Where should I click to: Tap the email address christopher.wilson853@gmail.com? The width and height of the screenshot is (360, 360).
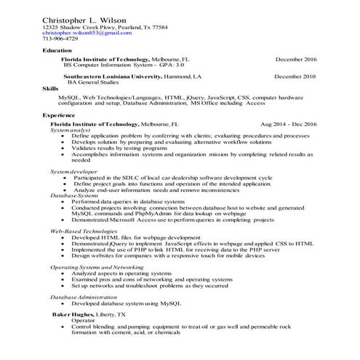[87, 33]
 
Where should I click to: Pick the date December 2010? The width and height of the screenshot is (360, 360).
[295, 76]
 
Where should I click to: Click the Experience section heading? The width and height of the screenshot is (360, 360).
[59, 116]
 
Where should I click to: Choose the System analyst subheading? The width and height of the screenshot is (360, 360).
[71, 130]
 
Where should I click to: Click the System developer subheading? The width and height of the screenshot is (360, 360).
[75, 171]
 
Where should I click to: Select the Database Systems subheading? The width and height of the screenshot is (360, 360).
[75, 196]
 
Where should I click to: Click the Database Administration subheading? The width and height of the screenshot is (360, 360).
[86, 297]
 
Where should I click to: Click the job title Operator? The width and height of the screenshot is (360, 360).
[83, 320]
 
